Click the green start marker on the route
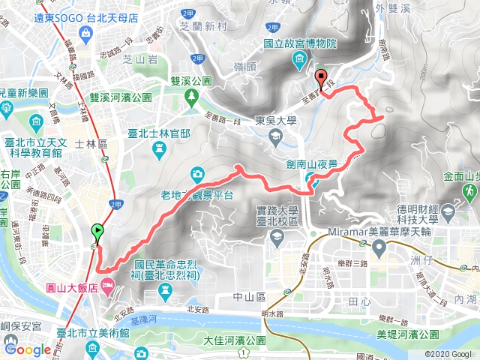[97, 232]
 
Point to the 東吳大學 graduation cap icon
[276, 134]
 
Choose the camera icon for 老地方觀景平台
[196, 174]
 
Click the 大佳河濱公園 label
[234, 341]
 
